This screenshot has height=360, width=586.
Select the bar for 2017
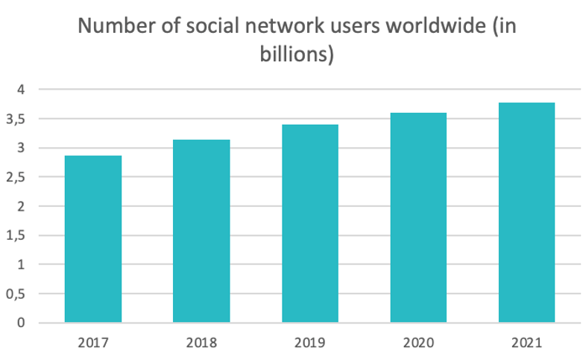click(93, 239)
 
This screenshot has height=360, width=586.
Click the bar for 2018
click(201, 231)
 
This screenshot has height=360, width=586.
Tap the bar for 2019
click(310, 223)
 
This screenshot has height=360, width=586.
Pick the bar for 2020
click(418, 217)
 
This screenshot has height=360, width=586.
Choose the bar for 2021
click(526, 212)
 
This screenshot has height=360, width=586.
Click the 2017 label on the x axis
click(93, 344)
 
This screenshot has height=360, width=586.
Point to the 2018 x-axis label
click(201, 344)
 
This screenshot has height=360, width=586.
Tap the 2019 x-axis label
click(310, 344)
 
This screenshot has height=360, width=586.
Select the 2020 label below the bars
click(418, 344)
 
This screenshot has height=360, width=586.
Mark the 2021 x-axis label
click(526, 344)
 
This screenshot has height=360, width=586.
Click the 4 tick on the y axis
click(22, 90)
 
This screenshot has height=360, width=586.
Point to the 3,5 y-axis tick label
click(18, 119)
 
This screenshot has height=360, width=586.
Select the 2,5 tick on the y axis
click(18, 177)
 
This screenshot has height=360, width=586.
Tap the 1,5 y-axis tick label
click(18, 235)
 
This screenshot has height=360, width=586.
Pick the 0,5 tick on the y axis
click(18, 294)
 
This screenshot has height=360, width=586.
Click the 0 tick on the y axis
click(22, 323)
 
